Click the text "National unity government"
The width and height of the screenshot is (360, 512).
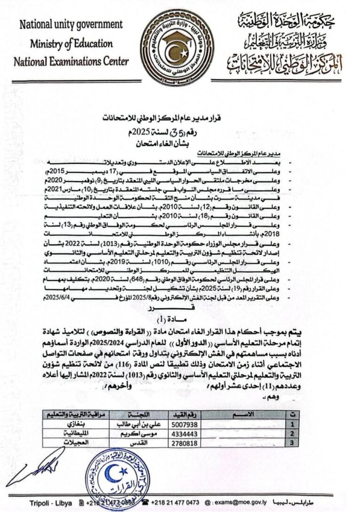pyautogui.click(x=71, y=24)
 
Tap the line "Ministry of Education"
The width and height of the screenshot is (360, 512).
pyautogui.click(x=72, y=44)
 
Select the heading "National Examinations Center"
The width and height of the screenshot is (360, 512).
pyautogui.click(x=71, y=62)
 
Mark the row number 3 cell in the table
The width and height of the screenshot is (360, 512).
pyautogui.click(x=293, y=443)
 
